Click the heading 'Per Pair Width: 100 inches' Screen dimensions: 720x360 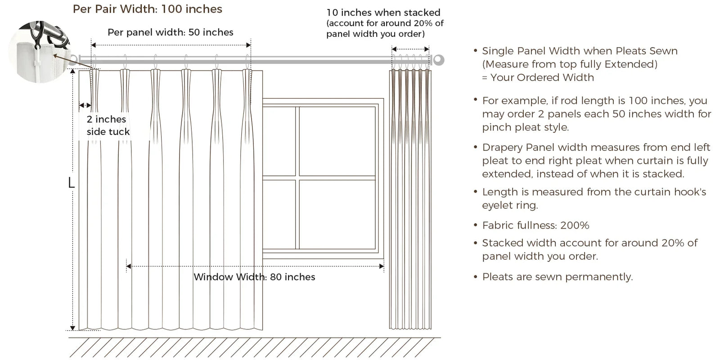pyautogui.click(x=148, y=9)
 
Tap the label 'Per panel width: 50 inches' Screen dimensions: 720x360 pyautogui.click(x=171, y=32)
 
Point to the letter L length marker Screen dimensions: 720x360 pyautogui.click(x=72, y=183)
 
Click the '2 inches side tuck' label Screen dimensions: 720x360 pyautogui.click(x=108, y=126)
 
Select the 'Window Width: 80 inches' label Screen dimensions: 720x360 pyautogui.click(x=254, y=277)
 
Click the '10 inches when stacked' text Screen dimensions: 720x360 pyautogui.click(x=383, y=13)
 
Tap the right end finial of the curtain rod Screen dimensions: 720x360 pyautogui.click(x=438, y=60)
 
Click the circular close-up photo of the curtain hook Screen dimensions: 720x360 pyautogui.click(x=39, y=51)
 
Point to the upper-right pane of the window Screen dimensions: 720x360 pyautogui.click(x=337, y=141)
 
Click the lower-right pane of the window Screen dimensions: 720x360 pyautogui.click(x=337, y=214)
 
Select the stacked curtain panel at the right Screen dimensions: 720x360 pyautogui.click(x=410, y=199)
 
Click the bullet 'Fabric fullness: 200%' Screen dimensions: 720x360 pyautogui.click(x=535, y=225)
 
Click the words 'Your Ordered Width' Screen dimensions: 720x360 pyautogui.click(x=542, y=77)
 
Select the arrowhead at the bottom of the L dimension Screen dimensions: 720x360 pyautogui.click(x=72, y=328)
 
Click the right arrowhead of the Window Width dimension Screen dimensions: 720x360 pyautogui.click(x=382, y=266)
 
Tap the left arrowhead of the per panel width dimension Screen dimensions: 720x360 pyautogui.click(x=94, y=45)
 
